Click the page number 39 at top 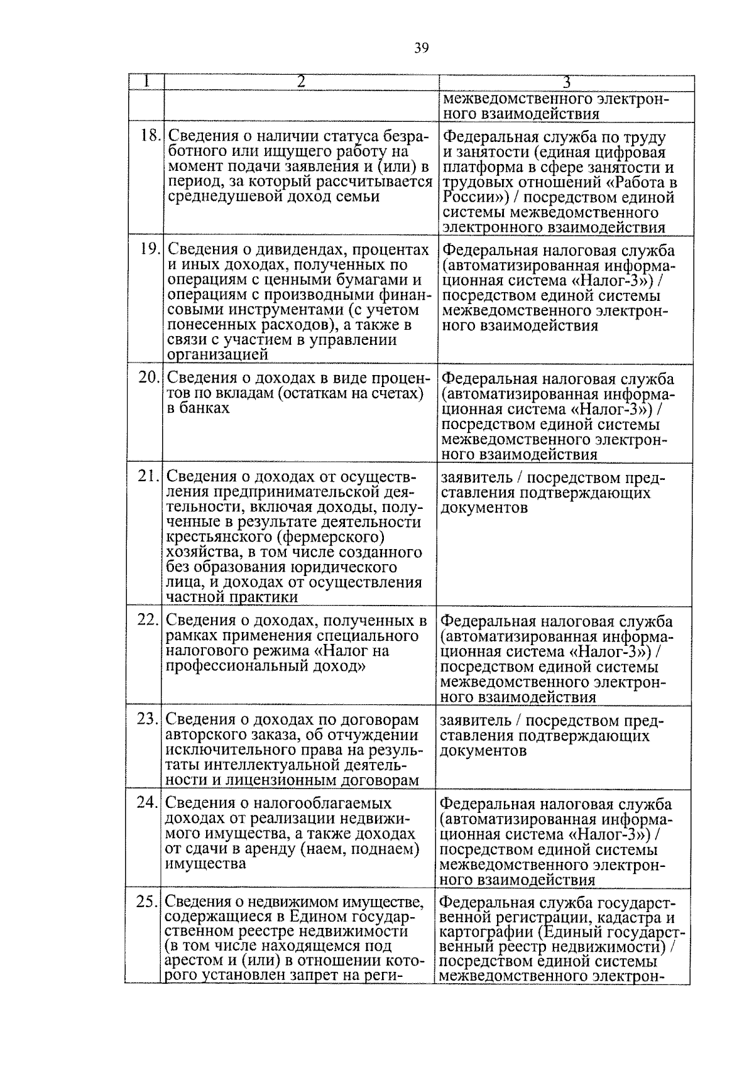(x=422, y=48)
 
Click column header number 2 (x=301, y=82)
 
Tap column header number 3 (x=566, y=82)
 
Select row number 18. (x=151, y=136)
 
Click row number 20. (x=150, y=378)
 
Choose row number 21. (x=149, y=477)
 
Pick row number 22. (x=148, y=619)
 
